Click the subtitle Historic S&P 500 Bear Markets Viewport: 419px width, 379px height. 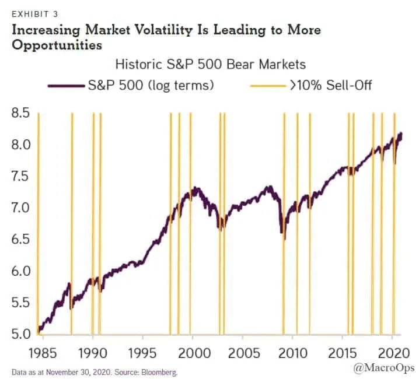tap(210, 64)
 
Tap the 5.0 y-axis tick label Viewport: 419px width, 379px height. tap(20, 335)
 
